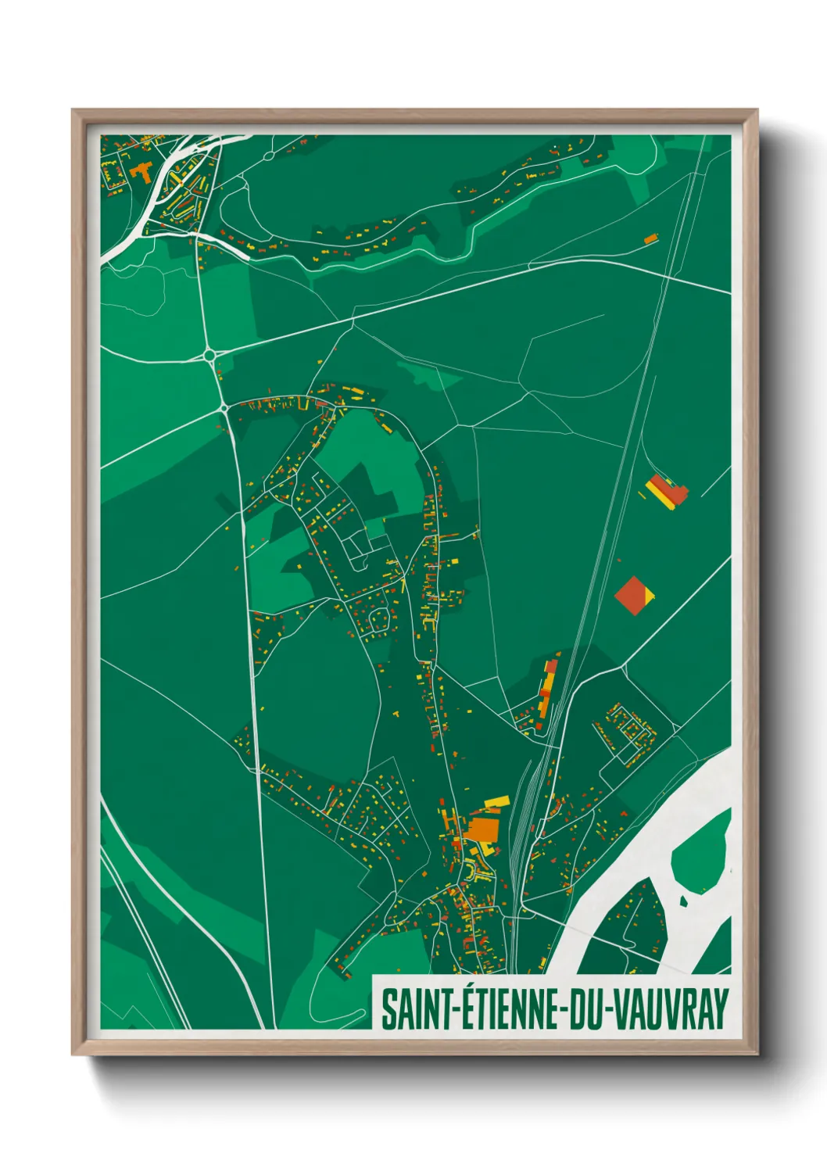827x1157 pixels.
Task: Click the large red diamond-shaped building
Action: pyautogui.click(x=633, y=596)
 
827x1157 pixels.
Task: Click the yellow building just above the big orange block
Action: pyautogui.click(x=496, y=802)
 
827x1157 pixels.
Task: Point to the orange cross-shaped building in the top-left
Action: pyautogui.click(x=141, y=171)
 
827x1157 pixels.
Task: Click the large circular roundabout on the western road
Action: pyautogui.click(x=209, y=356)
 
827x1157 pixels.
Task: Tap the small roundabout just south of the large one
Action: pyautogui.click(x=224, y=407)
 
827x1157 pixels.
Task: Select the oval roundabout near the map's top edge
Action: pyautogui.click(x=269, y=156)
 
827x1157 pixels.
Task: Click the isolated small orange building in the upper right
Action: pyautogui.click(x=650, y=238)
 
